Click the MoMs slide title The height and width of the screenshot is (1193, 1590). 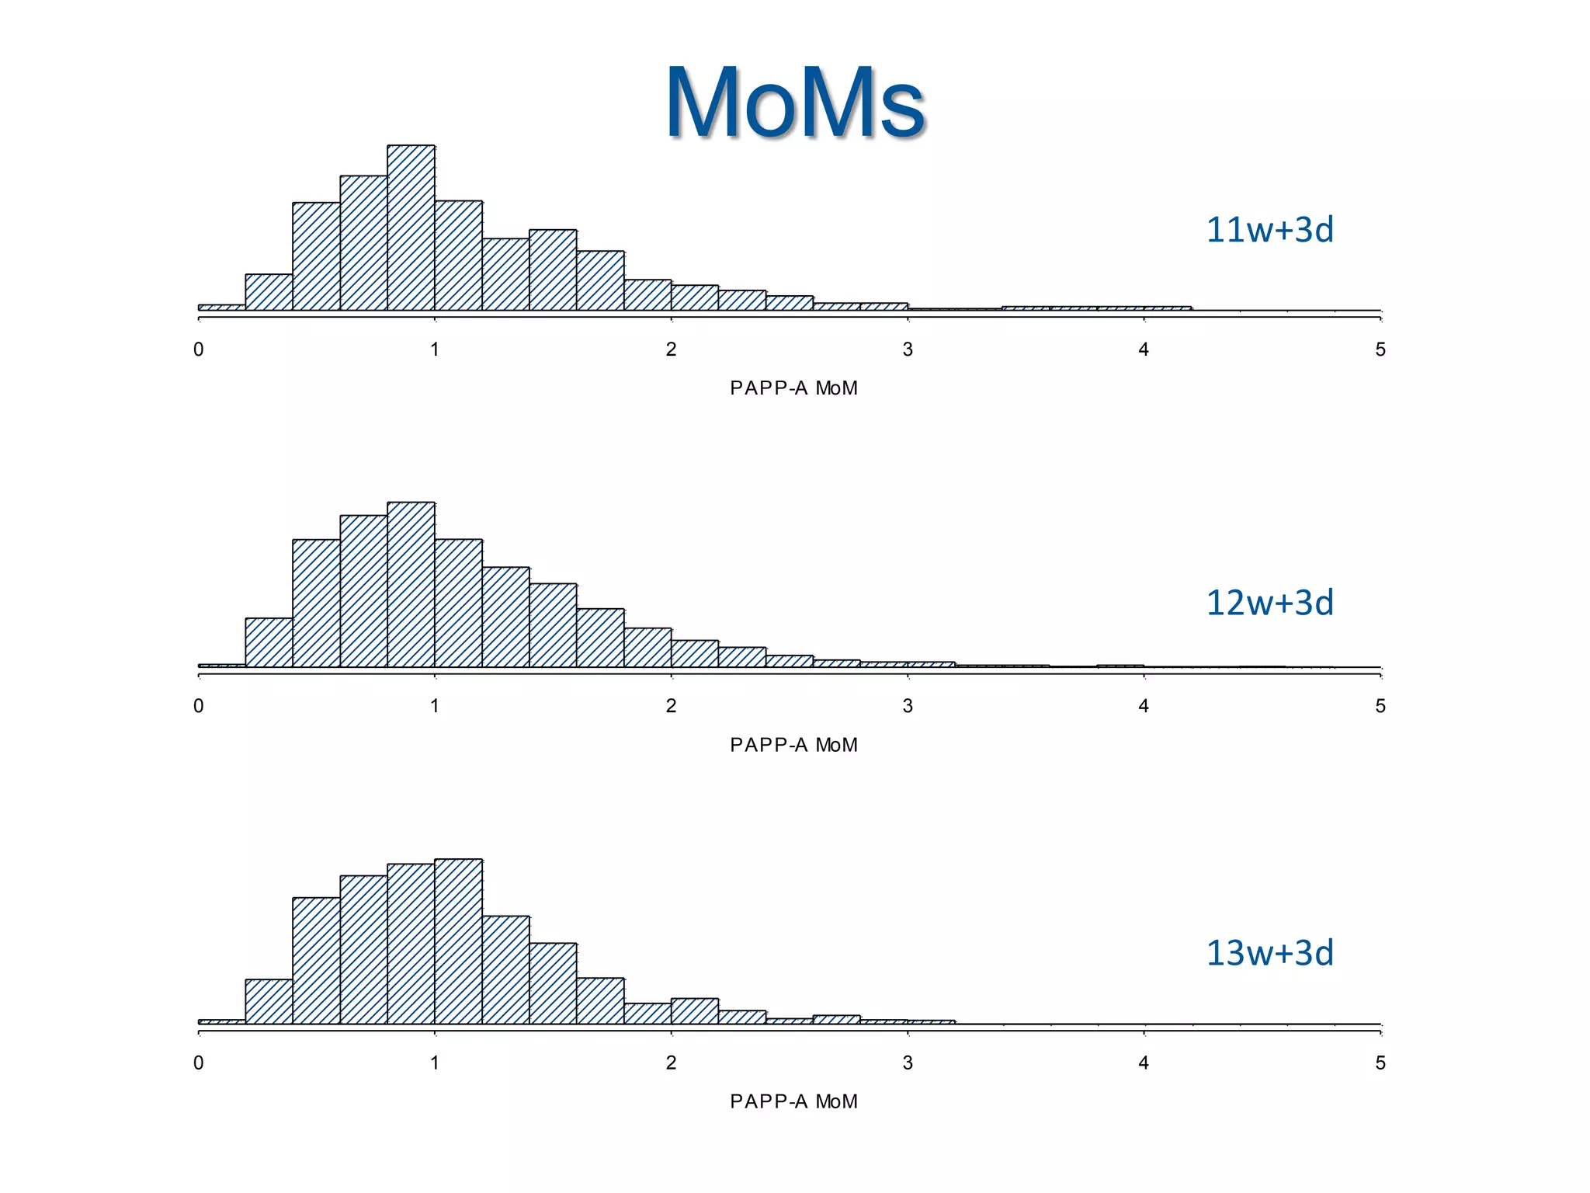tap(795, 103)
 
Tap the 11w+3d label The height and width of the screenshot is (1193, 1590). tap(1269, 230)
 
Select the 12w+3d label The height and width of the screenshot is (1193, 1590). tap(1269, 603)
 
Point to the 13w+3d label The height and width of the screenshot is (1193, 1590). tap(1269, 953)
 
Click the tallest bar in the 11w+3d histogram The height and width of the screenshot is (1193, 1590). tap(411, 228)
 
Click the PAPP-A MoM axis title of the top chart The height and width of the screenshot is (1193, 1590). tap(793, 388)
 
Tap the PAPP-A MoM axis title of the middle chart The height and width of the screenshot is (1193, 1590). tap(793, 745)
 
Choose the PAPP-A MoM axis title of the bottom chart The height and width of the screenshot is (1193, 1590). tap(793, 1101)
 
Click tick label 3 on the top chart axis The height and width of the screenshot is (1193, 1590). tap(907, 350)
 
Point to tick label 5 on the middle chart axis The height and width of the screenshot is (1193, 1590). tap(1380, 706)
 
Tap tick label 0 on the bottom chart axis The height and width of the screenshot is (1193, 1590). tap(199, 1063)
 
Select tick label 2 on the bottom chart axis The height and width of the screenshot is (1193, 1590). tap(671, 1063)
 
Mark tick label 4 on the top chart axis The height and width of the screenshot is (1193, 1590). tap(1144, 350)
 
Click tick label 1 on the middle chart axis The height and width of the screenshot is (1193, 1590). tap(435, 706)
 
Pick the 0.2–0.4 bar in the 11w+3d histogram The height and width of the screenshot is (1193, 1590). tap(269, 293)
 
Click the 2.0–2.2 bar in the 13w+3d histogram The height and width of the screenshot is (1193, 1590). tap(694, 1011)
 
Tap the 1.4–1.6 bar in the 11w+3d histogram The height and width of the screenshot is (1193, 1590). tap(553, 270)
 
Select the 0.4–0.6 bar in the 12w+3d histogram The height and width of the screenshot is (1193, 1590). tap(316, 603)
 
